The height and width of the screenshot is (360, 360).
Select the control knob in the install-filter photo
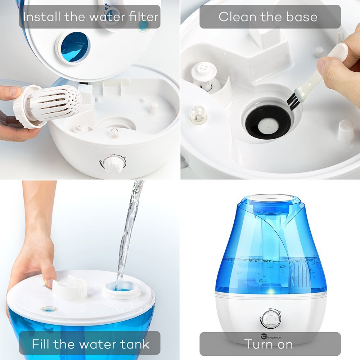point(114,164)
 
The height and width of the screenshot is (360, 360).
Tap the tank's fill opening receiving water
point(121,289)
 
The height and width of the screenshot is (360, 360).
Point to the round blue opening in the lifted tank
point(75,47)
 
